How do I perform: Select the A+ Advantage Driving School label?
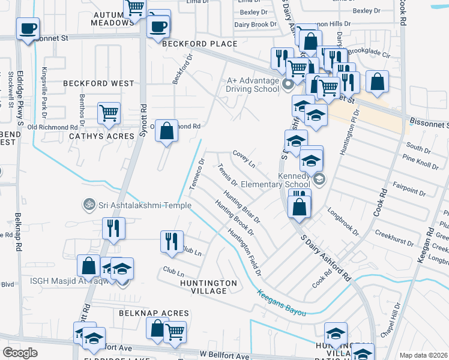click(x=252, y=85)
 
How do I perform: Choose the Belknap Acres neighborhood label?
click(x=154, y=313)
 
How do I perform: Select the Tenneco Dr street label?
click(x=197, y=173)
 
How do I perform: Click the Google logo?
click(x=20, y=353)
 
